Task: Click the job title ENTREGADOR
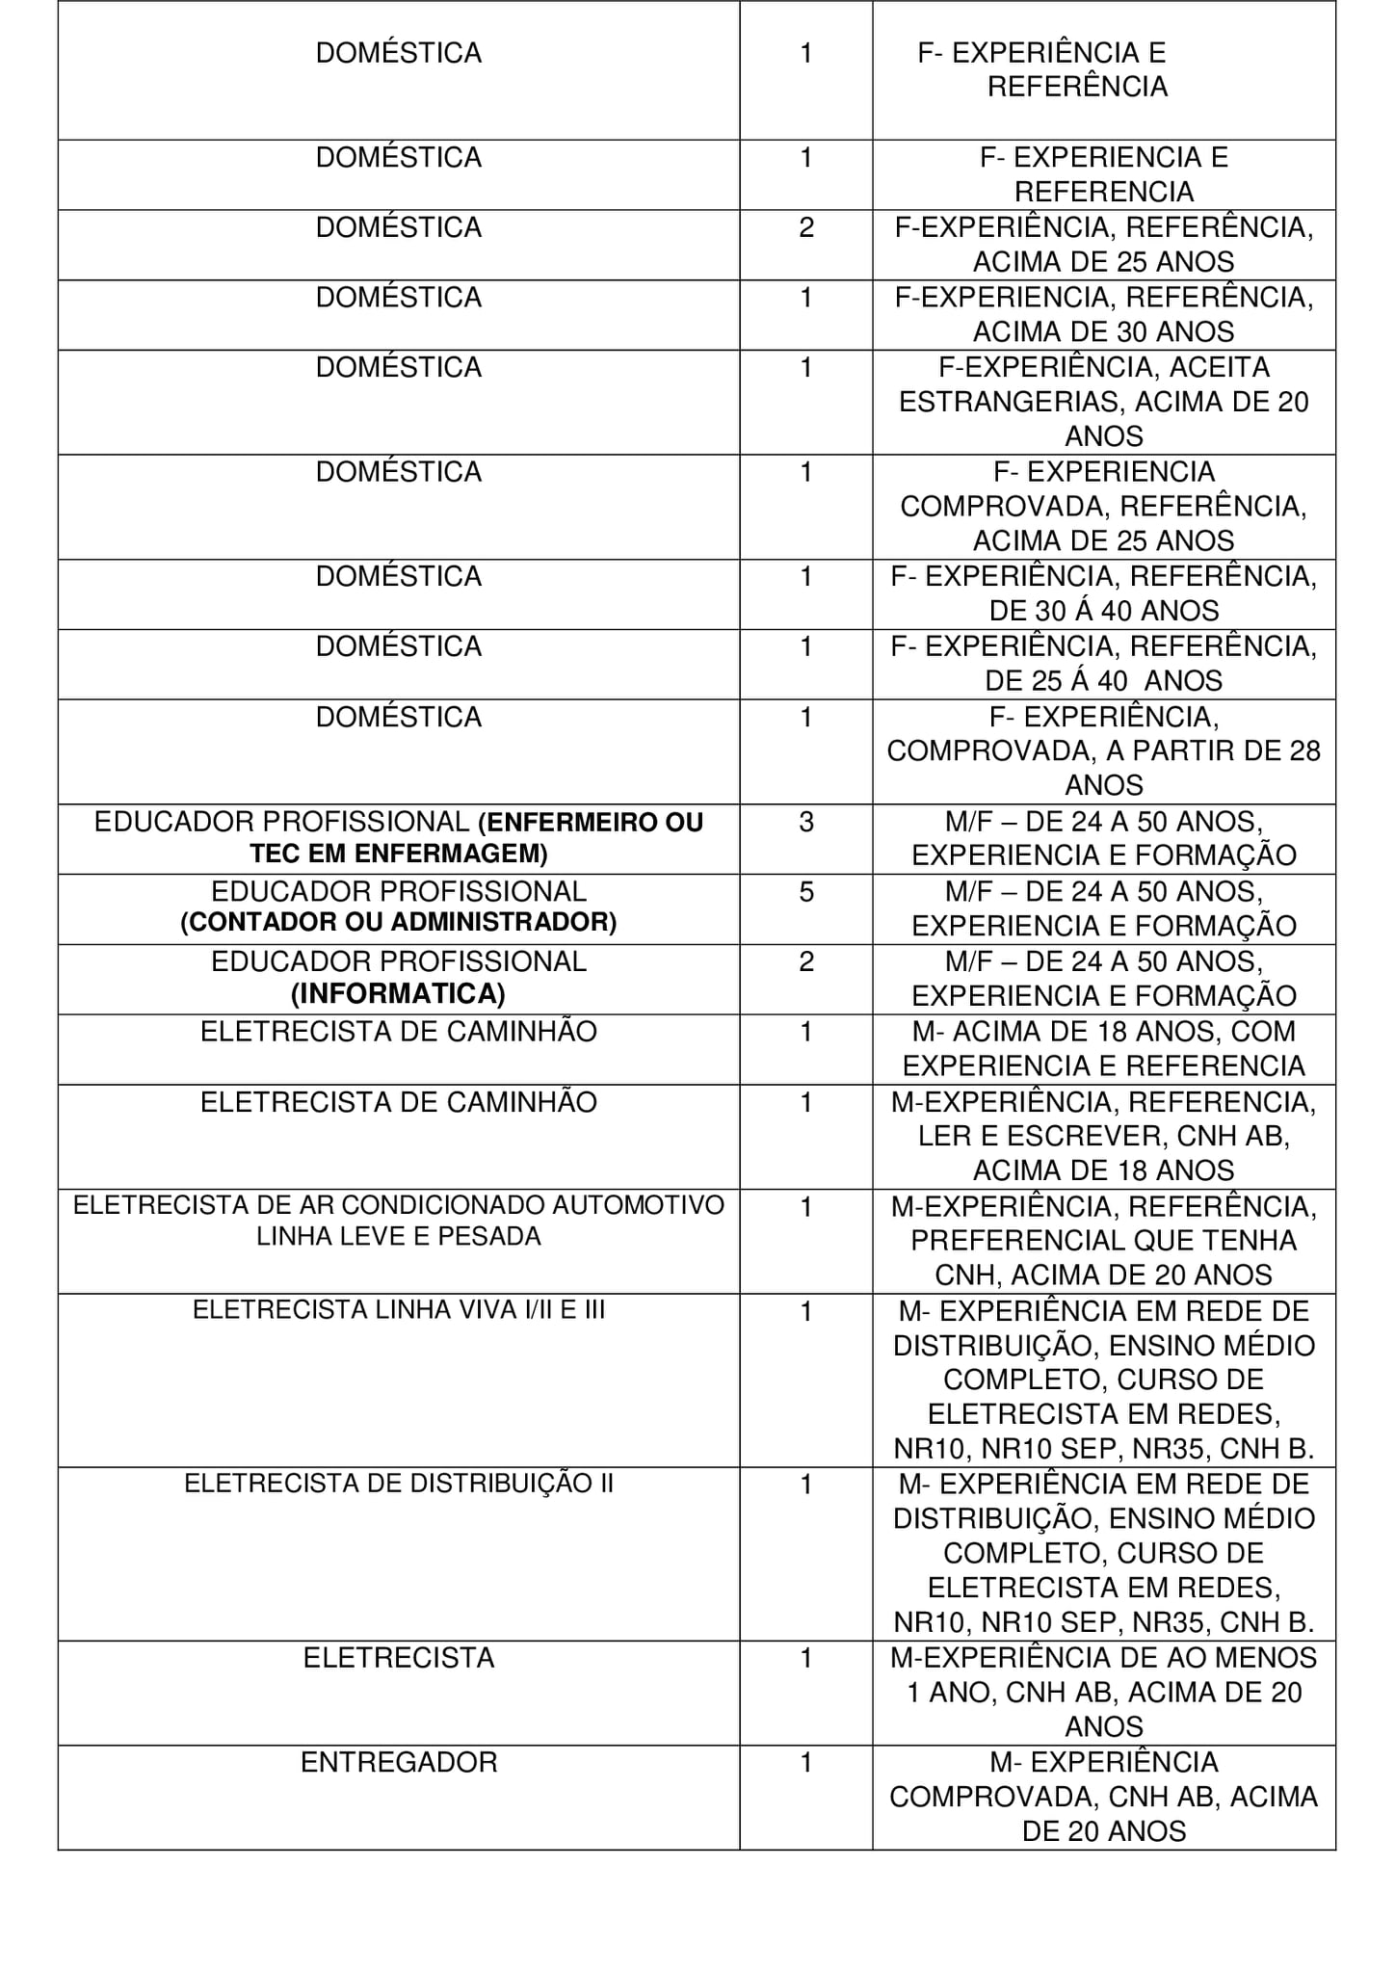pos(399,1762)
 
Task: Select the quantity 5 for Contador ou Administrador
pos(806,891)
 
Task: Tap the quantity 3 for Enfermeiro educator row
pos(806,822)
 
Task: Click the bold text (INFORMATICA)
pos(398,993)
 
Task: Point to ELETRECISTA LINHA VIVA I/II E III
pos(399,1310)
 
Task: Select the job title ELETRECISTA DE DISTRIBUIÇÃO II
pos(399,1484)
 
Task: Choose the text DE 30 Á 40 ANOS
pos(1104,611)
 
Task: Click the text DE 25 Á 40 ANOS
pos(1104,681)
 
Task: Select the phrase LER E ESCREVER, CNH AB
pos(1104,1136)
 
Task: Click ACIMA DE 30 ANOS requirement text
pos(1104,331)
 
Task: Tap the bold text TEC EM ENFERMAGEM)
pos(399,854)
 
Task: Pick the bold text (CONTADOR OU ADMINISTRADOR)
pos(399,922)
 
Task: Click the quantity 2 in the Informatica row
pos(806,961)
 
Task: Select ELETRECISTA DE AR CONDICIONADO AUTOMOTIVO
pos(399,1205)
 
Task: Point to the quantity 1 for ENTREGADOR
pos(806,1762)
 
